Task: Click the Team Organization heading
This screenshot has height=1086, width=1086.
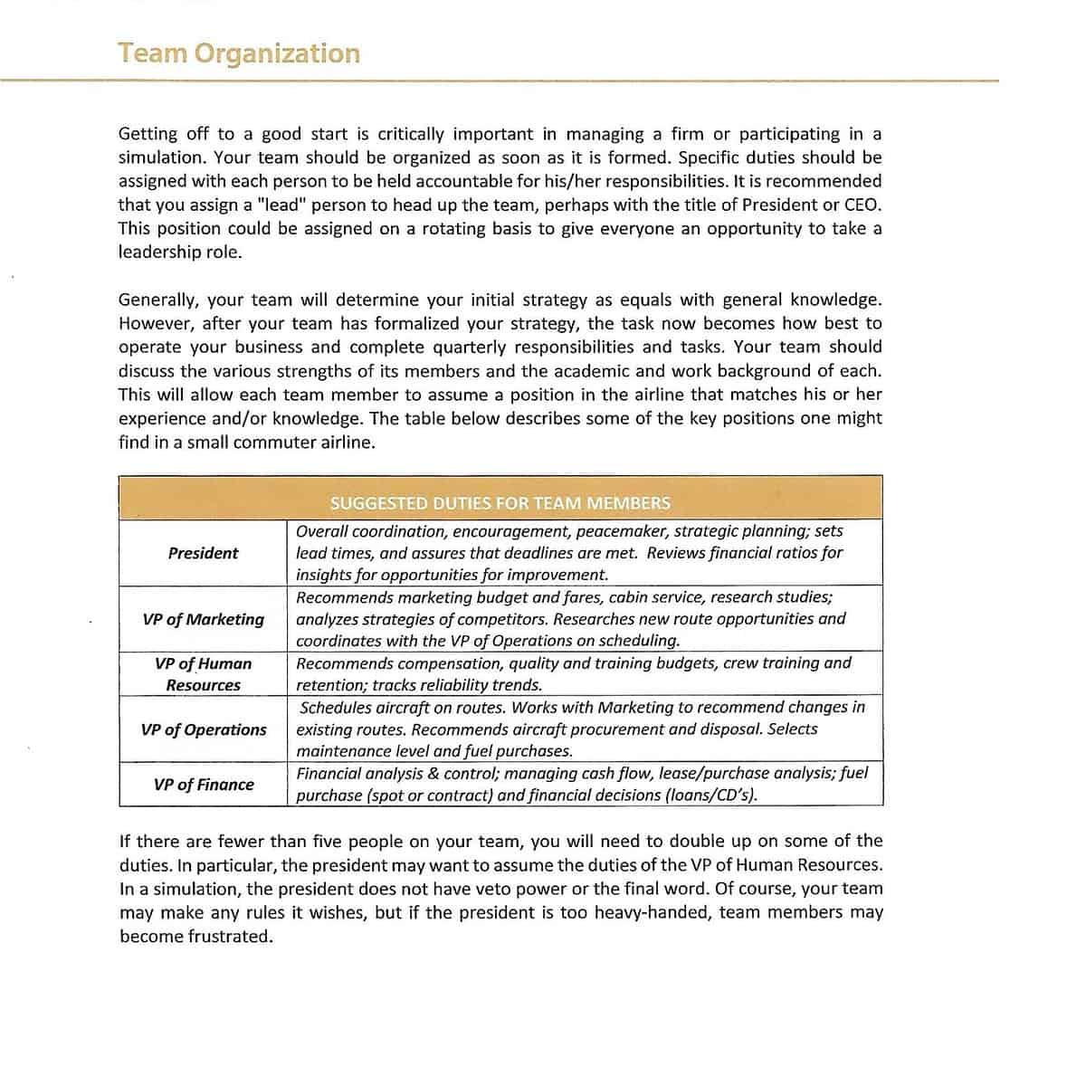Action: (x=238, y=53)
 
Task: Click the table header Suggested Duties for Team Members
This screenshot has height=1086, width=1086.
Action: (x=500, y=503)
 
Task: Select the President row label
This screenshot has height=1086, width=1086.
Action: (x=203, y=553)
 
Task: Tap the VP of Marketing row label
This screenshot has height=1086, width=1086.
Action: (x=203, y=619)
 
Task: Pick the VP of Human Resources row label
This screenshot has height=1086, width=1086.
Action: (x=203, y=674)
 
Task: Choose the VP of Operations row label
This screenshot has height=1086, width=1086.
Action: (x=203, y=729)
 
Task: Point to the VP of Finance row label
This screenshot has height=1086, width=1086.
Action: (x=203, y=785)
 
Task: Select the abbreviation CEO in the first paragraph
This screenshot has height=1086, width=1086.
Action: (x=861, y=205)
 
